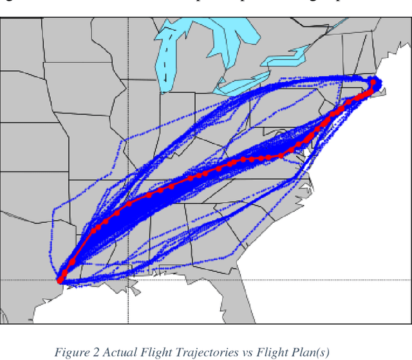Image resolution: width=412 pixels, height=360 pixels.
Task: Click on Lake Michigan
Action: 169,58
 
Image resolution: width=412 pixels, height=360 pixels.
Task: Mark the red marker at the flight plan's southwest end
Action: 61,279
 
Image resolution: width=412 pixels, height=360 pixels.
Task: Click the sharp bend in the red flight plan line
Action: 281,155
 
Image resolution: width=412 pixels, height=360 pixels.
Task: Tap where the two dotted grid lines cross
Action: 128,280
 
